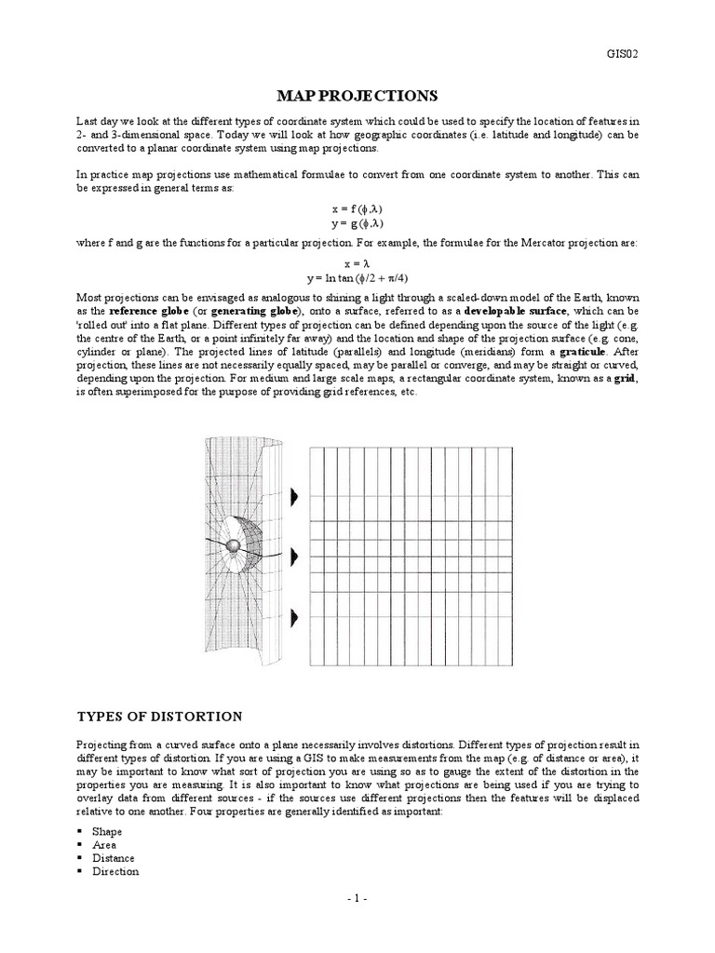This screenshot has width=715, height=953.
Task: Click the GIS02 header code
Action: [621, 53]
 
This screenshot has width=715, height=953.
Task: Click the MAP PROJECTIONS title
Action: [357, 96]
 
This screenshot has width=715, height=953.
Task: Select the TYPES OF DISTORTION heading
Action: [158, 716]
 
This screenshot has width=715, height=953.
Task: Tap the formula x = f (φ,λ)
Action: [357, 210]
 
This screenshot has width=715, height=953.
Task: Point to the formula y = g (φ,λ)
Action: [357, 223]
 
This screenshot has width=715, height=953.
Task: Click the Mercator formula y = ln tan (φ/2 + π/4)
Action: [357, 277]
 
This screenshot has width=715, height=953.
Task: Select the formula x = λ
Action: [357, 264]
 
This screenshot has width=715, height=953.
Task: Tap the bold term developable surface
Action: [516, 310]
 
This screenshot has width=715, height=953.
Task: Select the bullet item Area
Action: [104, 844]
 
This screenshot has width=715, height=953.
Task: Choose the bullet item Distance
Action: [113, 858]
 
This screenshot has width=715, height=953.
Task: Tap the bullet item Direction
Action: [115, 871]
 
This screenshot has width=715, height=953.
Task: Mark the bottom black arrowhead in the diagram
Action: [295, 616]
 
